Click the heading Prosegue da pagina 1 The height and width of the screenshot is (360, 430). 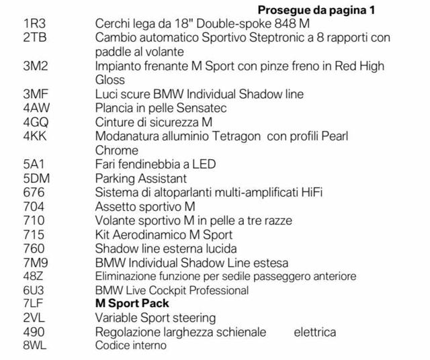pos(316,10)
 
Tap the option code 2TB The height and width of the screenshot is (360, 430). pos(35,38)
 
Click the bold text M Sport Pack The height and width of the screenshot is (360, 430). pos(132,304)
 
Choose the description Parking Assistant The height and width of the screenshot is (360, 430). pos(141,179)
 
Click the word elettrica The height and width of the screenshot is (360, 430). pos(314,332)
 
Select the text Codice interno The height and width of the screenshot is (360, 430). pos(131,345)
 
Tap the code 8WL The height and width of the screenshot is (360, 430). pos(36,345)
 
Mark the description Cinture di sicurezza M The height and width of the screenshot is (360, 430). pos(153,122)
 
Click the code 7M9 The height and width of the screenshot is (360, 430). pos(36,263)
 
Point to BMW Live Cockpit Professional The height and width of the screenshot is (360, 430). pos(172,290)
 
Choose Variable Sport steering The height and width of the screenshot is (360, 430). pos(155,318)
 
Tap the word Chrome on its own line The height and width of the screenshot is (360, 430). pos(117,150)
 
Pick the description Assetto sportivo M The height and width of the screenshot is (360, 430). pos(145,207)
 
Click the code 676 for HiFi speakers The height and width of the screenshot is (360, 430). pos(34,193)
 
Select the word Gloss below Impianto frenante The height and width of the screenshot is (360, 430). pos(110,80)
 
